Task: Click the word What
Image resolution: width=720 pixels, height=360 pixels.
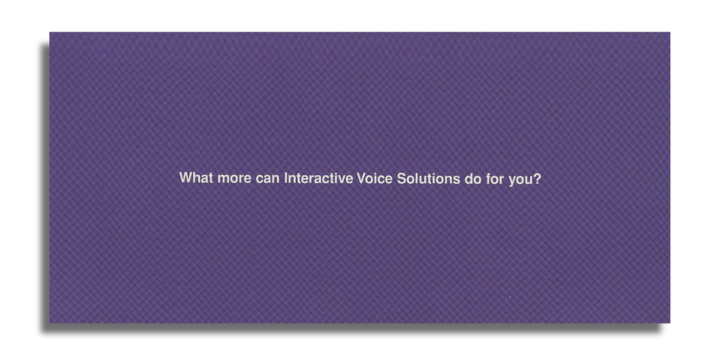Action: [196, 177]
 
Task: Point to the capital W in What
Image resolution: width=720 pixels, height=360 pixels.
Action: [186, 177]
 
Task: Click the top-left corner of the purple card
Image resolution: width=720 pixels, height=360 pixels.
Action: [50, 32]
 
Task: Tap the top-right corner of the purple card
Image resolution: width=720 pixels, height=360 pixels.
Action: [670, 32]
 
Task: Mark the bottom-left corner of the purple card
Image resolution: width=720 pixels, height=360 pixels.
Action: [50, 323]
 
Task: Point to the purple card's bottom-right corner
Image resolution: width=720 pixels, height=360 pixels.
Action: [670, 323]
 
